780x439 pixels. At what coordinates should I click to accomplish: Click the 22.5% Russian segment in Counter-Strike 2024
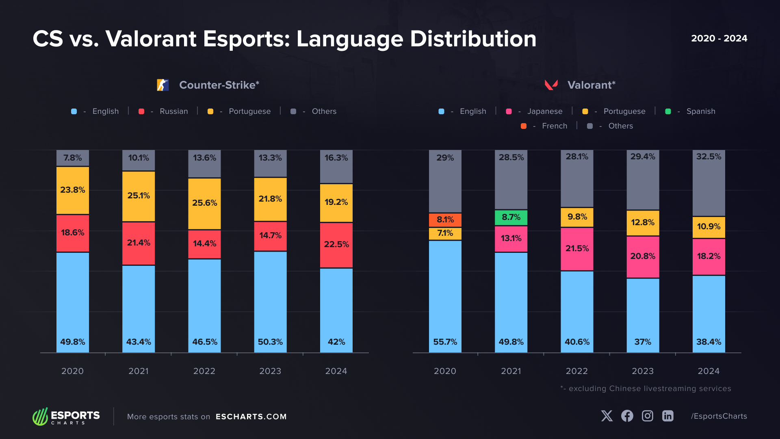click(x=336, y=245)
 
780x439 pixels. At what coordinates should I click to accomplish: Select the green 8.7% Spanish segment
click(x=511, y=217)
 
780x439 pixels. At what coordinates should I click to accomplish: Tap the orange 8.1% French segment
click(x=445, y=220)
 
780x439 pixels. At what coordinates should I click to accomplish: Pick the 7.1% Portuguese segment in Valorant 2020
click(x=445, y=233)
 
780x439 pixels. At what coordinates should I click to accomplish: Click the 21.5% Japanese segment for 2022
click(x=576, y=249)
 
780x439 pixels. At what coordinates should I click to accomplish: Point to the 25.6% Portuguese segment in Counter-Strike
click(x=204, y=203)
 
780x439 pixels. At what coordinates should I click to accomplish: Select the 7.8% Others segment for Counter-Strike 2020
click(x=72, y=158)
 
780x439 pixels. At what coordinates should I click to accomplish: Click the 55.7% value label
click(x=445, y=342)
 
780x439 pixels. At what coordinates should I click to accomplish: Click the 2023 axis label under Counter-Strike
click(x=270, y=371)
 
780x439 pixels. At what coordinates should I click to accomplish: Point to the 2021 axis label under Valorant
click(x=511, y=371)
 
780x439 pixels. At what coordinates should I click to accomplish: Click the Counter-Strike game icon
click(x=162, y=85)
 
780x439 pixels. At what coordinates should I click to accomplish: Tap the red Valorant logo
click(x=551, y=85)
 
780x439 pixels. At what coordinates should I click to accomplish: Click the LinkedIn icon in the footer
click(x=667, y=416)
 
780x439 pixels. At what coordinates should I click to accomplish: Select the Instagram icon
click(x=647, y=416)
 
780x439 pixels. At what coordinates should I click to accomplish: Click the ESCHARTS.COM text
click(x=251, y=417)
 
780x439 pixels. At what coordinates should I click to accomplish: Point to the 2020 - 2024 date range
click(x=719, y=38)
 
